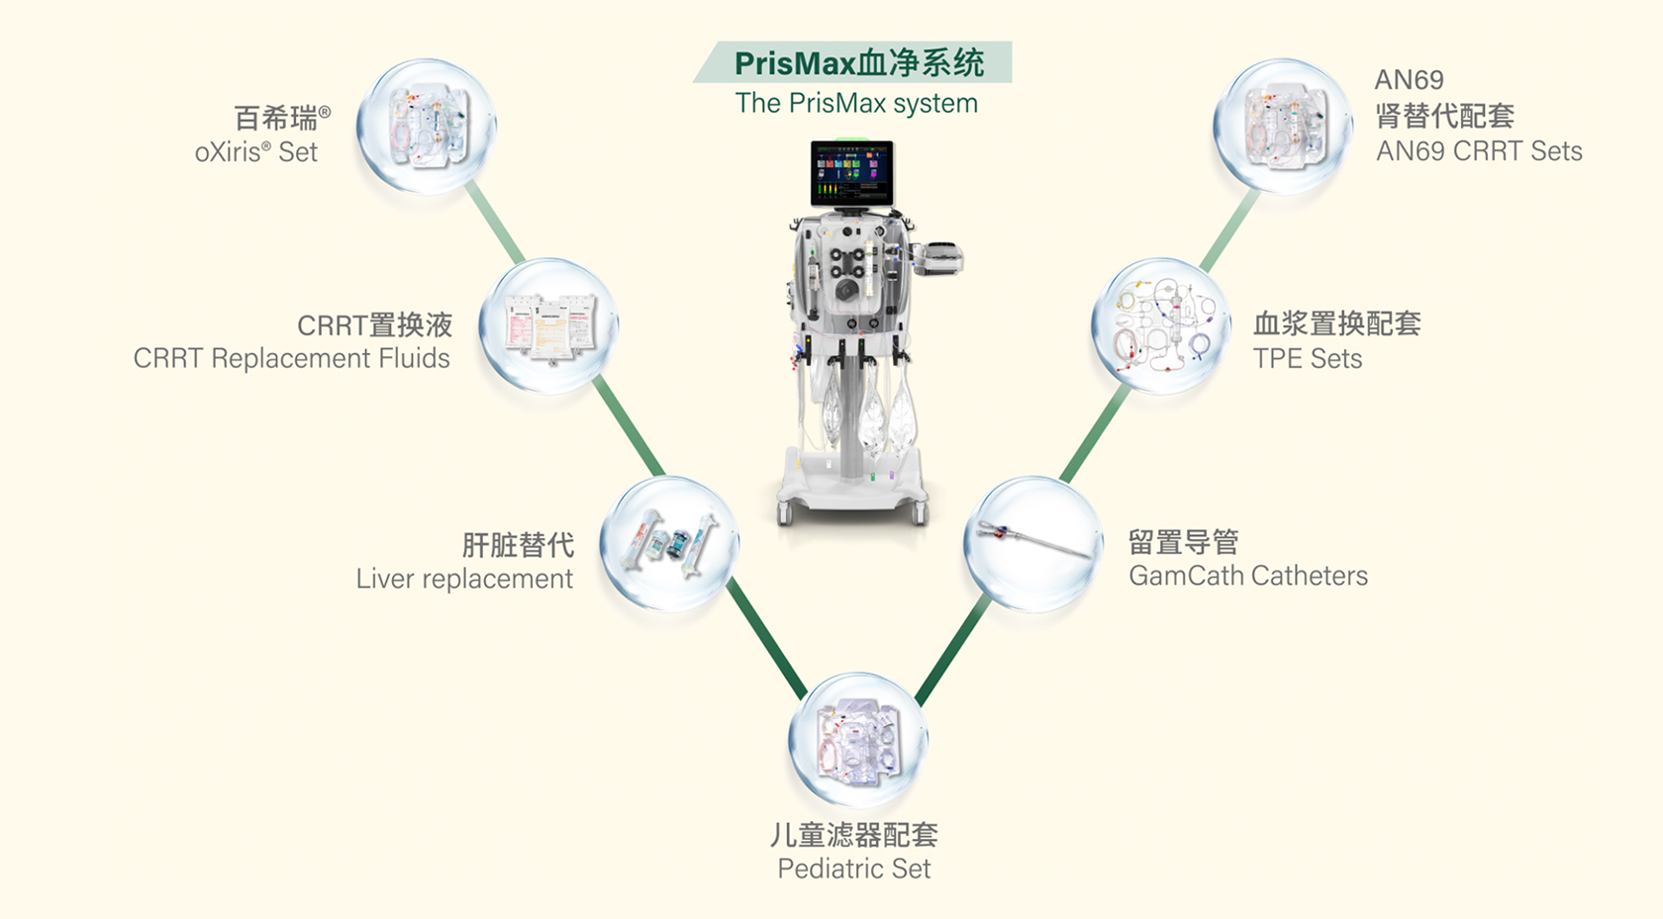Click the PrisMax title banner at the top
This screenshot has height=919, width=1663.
(857, 62)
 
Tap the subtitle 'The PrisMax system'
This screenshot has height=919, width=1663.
(856, 103)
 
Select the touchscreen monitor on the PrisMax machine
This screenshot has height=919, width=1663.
(851, 173)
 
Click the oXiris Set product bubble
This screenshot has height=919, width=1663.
(426, 127)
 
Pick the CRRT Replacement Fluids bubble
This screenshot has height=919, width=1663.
(548, 325)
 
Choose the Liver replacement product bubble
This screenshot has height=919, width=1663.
(669, 543)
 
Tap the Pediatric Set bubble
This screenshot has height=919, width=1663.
(857, 741)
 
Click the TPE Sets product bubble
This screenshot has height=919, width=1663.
(1159, 325)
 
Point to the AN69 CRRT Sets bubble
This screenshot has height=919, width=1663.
(1282, 126)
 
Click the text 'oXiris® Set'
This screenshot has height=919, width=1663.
(256, 152)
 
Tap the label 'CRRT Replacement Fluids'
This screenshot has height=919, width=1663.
(291, 358)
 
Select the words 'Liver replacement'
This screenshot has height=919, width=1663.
(464, 579)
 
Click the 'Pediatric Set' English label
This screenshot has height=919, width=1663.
(853, 869)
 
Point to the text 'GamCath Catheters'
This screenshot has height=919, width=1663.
(1248, 576)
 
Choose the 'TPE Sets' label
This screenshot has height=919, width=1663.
(1308, 358)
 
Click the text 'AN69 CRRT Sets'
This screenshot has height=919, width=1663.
(1479, 151)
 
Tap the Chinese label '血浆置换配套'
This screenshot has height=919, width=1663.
(1337, 323)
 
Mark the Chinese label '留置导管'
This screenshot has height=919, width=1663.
(1184, 542)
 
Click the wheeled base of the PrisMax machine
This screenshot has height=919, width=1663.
(853, 490)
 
